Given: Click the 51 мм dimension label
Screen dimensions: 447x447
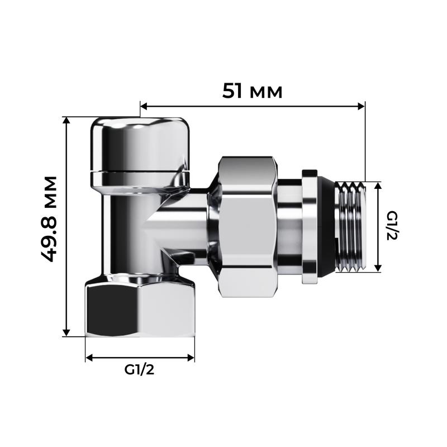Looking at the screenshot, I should click(x=253, y=90).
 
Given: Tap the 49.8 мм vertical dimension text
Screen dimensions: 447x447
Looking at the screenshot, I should click(x=50, y=218).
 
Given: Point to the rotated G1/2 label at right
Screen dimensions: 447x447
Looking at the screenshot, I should click(x=391, y=226).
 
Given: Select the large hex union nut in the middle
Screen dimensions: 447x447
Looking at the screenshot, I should click(x=248, y=226).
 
